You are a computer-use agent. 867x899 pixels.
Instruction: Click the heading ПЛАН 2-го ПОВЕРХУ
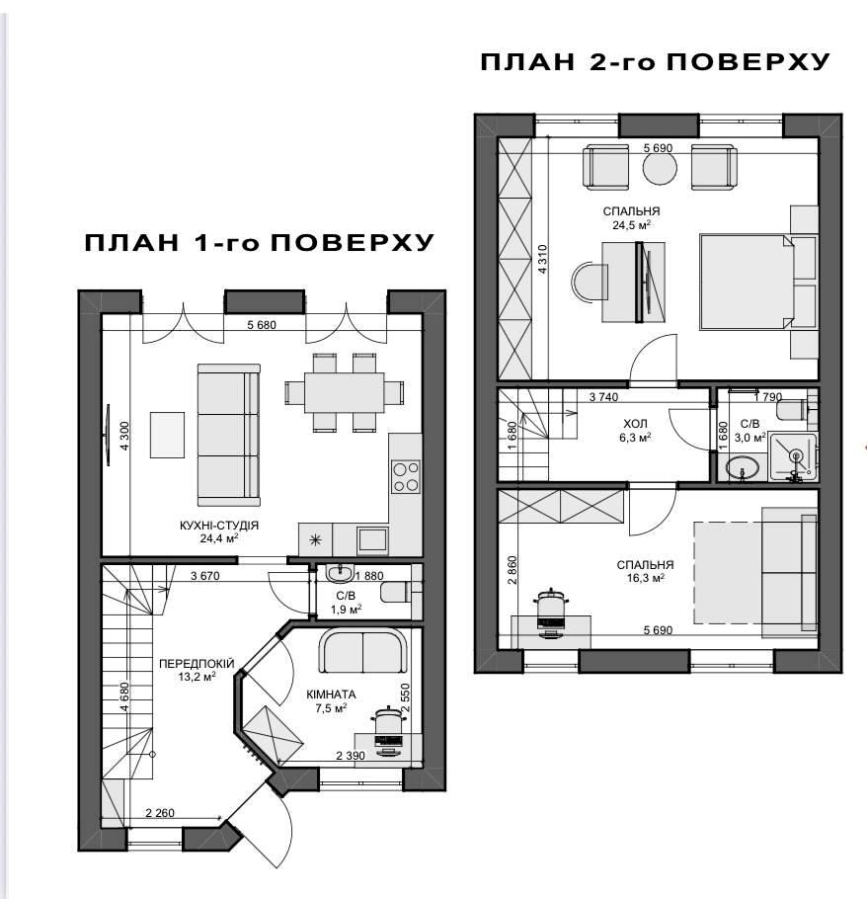[x=655, y=62]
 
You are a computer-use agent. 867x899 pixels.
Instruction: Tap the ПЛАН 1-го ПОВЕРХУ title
[x=259, y=243]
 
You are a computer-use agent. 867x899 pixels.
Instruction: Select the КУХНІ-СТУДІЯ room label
[x=219, y=526]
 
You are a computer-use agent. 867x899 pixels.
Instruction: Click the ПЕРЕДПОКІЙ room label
[x=197, y=664]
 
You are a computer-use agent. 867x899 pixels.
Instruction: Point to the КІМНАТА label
[x=331, y=695]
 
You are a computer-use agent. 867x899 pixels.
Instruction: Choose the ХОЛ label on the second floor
[x=635, y=424]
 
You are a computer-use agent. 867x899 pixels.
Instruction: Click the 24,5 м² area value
[x=631, y=225]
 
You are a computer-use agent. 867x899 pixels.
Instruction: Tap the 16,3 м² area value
[x=645, y=579]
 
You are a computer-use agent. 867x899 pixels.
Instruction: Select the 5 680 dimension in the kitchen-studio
[x=262, y=325]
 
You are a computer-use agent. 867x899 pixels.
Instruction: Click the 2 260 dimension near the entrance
[x=160, y=813]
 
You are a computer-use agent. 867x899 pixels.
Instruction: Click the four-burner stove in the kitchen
[x=405, y=476]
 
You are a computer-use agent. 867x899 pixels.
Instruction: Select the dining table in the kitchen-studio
[x=345, y=393]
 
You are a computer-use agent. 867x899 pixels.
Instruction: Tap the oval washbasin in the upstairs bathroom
[x=743, y=468]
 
